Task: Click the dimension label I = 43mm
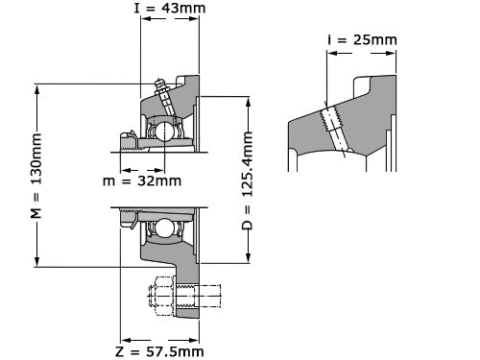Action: (170, 8)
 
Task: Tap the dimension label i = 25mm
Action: (362, 40)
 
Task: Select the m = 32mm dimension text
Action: (142, 181)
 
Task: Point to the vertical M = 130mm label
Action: (36, 176)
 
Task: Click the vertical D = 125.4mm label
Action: (248, 180)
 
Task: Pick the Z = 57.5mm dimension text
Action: (159, 352)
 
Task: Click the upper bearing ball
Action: (164, 131)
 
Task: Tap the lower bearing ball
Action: (164, 228)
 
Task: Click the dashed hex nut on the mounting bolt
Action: (162, 296)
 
